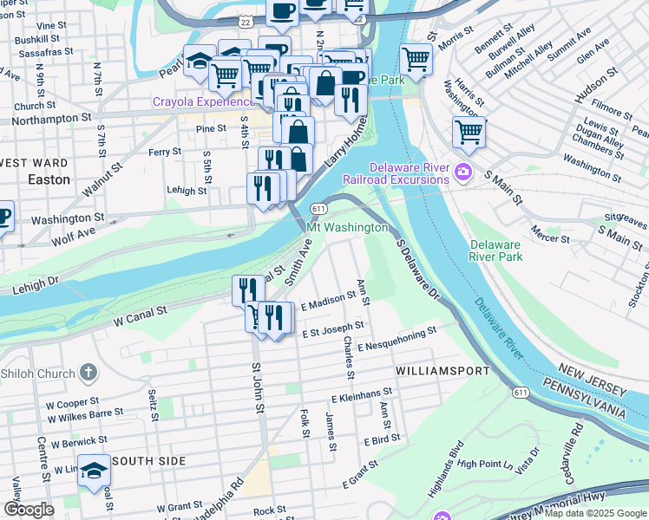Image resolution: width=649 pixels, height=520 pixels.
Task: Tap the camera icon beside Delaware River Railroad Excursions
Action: click(462, 172)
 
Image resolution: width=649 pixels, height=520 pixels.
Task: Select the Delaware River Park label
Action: click(495, 250)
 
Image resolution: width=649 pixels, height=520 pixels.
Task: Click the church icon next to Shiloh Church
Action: click(88, 373)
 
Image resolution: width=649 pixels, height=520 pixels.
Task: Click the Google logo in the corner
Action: click(29, 510)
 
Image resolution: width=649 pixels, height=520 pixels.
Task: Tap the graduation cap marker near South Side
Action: click(94, 471)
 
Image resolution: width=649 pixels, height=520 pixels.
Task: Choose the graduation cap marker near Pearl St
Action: click(200, 62)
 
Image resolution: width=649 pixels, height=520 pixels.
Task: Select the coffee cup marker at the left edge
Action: click(3, 217)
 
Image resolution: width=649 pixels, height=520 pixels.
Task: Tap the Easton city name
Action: click(49, 180)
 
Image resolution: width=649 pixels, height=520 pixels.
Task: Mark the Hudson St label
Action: click(596, 84)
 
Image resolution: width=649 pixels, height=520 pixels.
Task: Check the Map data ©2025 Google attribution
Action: click(595, 513)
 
